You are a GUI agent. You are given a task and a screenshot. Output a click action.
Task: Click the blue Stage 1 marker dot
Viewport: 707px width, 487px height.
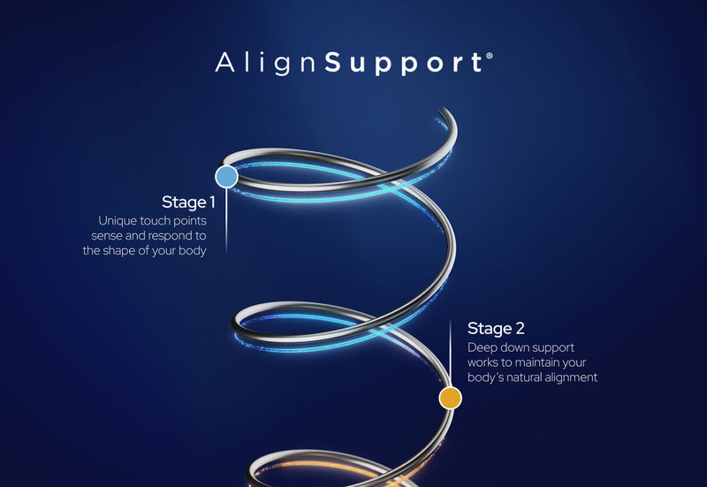pyautogui.click(x=226, y=176)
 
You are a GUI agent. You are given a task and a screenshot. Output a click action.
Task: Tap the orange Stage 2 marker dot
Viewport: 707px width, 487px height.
pyautogui.click(x=451, y=398)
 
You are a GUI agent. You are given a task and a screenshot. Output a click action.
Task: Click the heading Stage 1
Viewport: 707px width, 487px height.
pyautogui.click(x=188, y=202)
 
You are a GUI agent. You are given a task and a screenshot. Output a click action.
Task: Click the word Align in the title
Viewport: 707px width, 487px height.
pyautogui.click(x=268, y=64)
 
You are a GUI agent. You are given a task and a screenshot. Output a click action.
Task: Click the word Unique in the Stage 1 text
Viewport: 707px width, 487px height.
pyautogui.click(x=118, y=220)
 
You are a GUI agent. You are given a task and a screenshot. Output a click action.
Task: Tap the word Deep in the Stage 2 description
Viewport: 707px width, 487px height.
pyautogui.click(x=483, y=347)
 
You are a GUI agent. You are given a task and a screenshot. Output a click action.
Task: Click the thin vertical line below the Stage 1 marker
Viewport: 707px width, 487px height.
pyautogui.click(x=226, y=217)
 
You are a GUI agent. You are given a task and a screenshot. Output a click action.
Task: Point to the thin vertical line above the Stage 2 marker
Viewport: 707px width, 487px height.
pyautogui.click(x=451, y=354)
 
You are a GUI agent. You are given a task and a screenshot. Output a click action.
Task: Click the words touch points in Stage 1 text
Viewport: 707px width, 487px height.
pyautogui.click(x=172, y=220)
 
